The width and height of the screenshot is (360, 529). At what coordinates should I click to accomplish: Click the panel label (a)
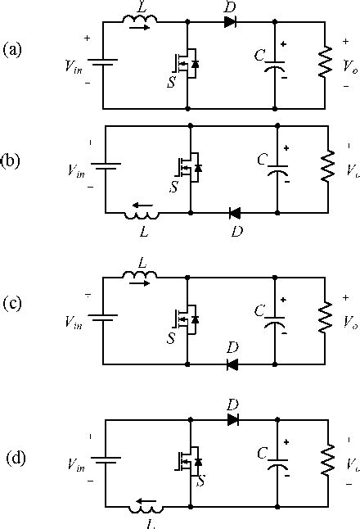pyautogui.click(x=14, y=50)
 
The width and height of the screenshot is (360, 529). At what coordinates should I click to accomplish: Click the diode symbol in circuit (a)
pyautogui.click(x=230, y=22)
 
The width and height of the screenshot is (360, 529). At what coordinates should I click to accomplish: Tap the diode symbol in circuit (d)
pyautogui.click(x=233, y=419)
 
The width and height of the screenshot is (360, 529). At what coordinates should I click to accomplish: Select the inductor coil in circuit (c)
pyautogui.click(x=141, y=278)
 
